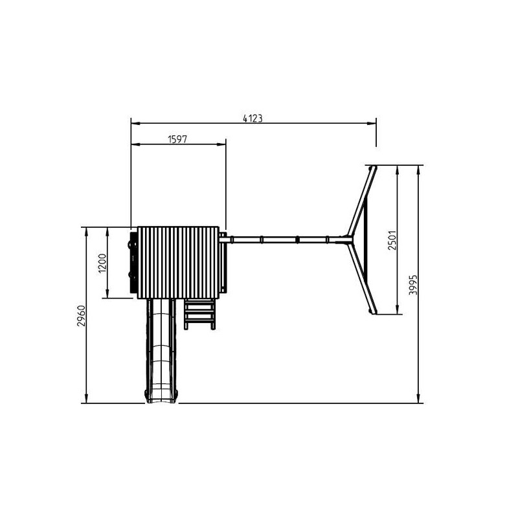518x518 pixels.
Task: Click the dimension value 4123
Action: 253,118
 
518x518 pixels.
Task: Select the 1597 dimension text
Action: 177,139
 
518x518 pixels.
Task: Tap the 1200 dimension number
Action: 102,264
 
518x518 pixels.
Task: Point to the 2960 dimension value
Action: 82,316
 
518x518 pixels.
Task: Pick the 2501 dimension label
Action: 392,240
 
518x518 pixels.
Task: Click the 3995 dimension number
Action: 413,285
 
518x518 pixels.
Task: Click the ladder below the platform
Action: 199,314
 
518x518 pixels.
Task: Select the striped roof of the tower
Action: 179,263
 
